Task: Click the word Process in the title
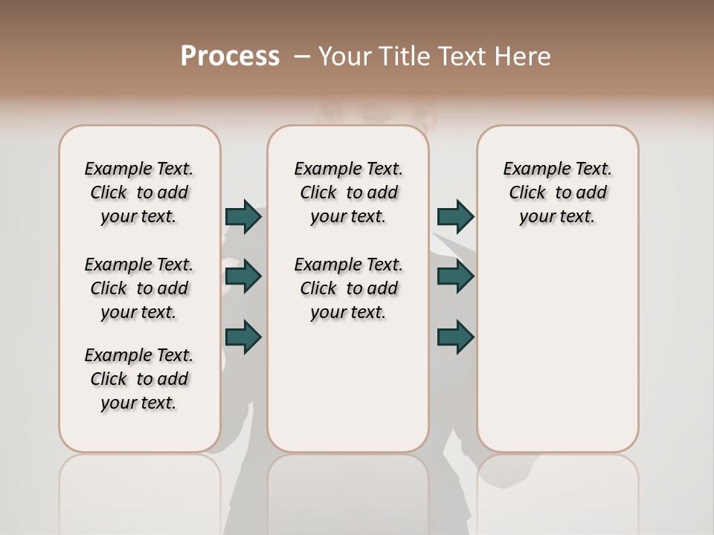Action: pyautogui.click(x=230, y=56)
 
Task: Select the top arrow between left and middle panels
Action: pyautogui.click(x=243, y=216)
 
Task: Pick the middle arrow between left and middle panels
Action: pyautogui.click(x=243, y=276)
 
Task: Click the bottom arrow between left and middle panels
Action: pyautogui.click(x=243, y=337)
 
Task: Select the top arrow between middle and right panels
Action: pyautogui.click(x=455, y=216)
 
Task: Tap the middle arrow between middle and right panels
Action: pyautogui.click(x=455, y=276)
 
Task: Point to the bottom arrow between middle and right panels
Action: pyautogui.click(x=455, y=337)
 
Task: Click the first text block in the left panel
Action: pyautogui.click(x=139, y=192)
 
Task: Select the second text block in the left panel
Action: pyautogui.click(x=139, y=288)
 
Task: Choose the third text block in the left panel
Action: pyautogui.click(x=139, y=379)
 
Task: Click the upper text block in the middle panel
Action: pyautogui.click(x=349, y=192)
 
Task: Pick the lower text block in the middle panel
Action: pyautogui.click(x=349, y=288)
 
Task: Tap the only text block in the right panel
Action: pyautogui.click(x=558, y=192)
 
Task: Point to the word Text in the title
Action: pyautogui.click(x=462, y=56)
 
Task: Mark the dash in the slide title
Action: pyautogui.click(x=302, y=56)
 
